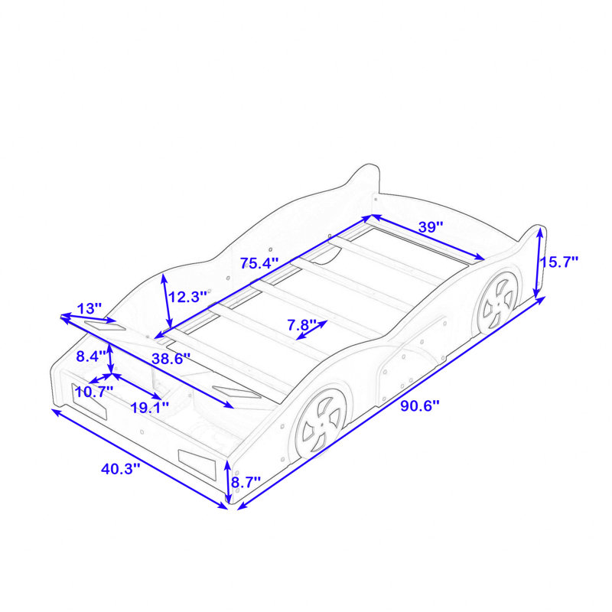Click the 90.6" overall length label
tap(420, 406)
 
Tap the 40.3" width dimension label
tap(120, 468)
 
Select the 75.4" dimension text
tap(259, 263)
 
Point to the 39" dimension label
tap(431, 226)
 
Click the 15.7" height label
tap(559, 262)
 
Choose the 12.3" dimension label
tap(187, 297)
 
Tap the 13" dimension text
tap(90, 308)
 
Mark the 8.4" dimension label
tap(91, 356)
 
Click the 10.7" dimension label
tap(94, 392)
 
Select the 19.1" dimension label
tap(149, 408)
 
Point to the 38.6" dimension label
tap(171, 358)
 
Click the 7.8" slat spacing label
tap(301, 324)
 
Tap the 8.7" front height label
tap(246, 483)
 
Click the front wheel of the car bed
tap(321, 422)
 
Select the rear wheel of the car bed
tap(499, 303)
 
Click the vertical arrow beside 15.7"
tap(539, 262)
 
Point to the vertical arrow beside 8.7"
tap(228, 481)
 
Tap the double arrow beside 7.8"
tap(311, 330)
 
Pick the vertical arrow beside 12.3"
tap(167, 301)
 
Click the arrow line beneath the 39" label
tap(428, 237)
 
